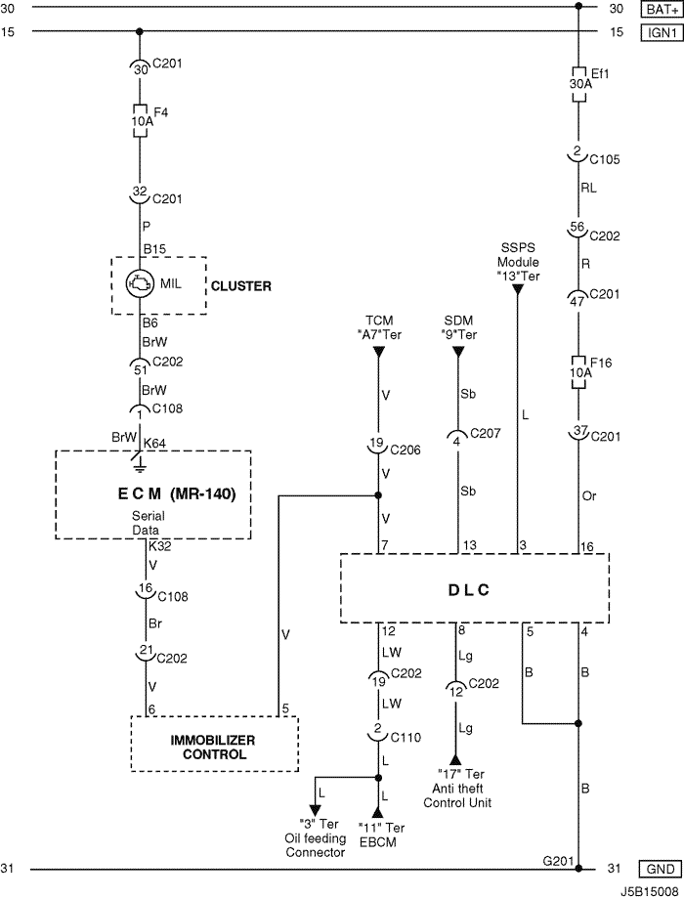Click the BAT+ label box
pos(662,9)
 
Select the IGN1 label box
pos(662,32)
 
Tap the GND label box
pos(661,869)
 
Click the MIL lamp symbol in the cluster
pos(140,283)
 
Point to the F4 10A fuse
pos(140,120)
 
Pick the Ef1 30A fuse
pos(578,84)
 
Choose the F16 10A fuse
pos(578,372)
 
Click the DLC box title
pos(468,590)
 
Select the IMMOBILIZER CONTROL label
pos(214,748)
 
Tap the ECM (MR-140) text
pos(177,493)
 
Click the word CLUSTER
pos(240,286)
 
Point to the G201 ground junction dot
pos(578,869)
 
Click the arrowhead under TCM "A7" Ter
pos(378,352)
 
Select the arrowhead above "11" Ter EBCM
pos(378,812)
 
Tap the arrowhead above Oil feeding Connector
pos(315,810)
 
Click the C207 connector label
pos(485,434)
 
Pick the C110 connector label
pos(406,738)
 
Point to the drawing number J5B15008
pos(650,892)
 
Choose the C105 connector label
pos(605,159)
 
